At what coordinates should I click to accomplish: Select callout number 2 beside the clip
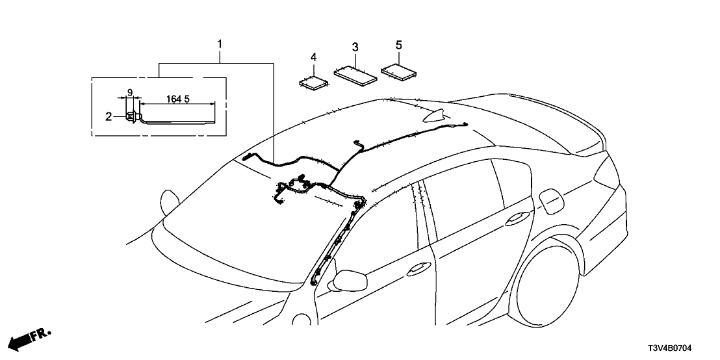tap(109, 116)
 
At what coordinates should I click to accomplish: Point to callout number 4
tap(313, 58)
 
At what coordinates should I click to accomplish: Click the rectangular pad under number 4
tap(315, 81)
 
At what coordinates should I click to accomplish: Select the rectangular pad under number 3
tap(355, 71)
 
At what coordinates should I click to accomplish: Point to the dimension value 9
tap(130, 93)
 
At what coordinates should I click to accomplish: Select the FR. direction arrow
tap(31, 338)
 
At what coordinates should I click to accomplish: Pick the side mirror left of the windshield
tap(170, 201)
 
